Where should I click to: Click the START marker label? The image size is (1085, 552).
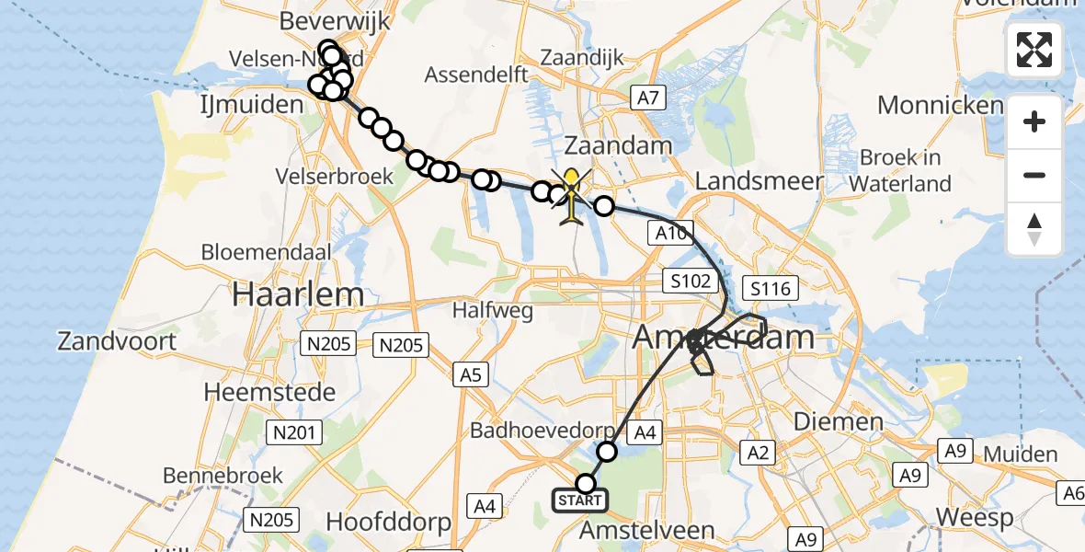pyautogui.click(x=579, y=501)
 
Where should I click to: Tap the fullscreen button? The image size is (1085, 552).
pyautogui.click(x=1034, y=50)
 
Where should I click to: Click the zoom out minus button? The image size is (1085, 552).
pyautogui.click(x=1034, y=175)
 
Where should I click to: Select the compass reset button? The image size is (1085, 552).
pyautogui.click(x=1034, y=229)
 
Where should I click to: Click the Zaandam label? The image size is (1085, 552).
pyautogui.click(x=618, y=145)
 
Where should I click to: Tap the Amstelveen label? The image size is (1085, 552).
pyautogui.click(x=648, y=531)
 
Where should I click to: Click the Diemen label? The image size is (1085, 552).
pyautogui.click(x=826, y=422)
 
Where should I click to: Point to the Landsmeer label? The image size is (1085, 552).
pyautogui.click(x=759, y=181)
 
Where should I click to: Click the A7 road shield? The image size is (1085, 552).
pyautogui.click(x=649, y=96)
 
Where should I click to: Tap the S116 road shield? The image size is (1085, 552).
pyautogui.click(x=771, y=289)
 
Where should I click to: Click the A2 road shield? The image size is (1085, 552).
pyautogui.click(x=759, y=452)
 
